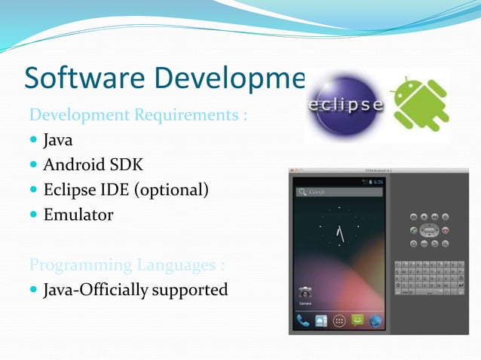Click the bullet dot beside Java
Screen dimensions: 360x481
[34, 141]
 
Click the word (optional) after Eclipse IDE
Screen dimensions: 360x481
[170, 190]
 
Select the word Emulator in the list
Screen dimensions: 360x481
[78, 215]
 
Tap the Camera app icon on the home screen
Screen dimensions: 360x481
[305, 294]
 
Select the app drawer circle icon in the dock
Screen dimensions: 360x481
[339, 320]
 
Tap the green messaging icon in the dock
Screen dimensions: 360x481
[357, 320]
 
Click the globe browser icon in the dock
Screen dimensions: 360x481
[375, 320]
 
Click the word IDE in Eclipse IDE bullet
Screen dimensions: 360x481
[115, 190]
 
